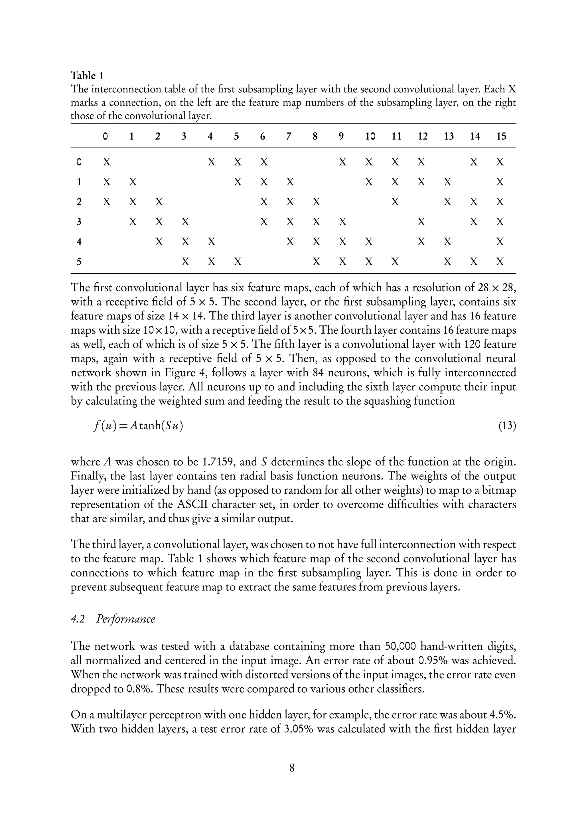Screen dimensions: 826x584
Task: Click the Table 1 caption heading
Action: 87,76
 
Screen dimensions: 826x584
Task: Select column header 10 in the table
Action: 370,136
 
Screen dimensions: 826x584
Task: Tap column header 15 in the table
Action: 501,136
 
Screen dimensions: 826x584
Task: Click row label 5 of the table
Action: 79,262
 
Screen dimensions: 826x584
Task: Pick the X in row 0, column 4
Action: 212,162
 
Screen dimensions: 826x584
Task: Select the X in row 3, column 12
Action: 421,222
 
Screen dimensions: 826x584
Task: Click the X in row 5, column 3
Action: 185,262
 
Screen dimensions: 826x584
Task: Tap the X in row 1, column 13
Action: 447,182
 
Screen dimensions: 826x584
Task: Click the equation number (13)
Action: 507,426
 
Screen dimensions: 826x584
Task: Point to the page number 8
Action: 292,768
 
